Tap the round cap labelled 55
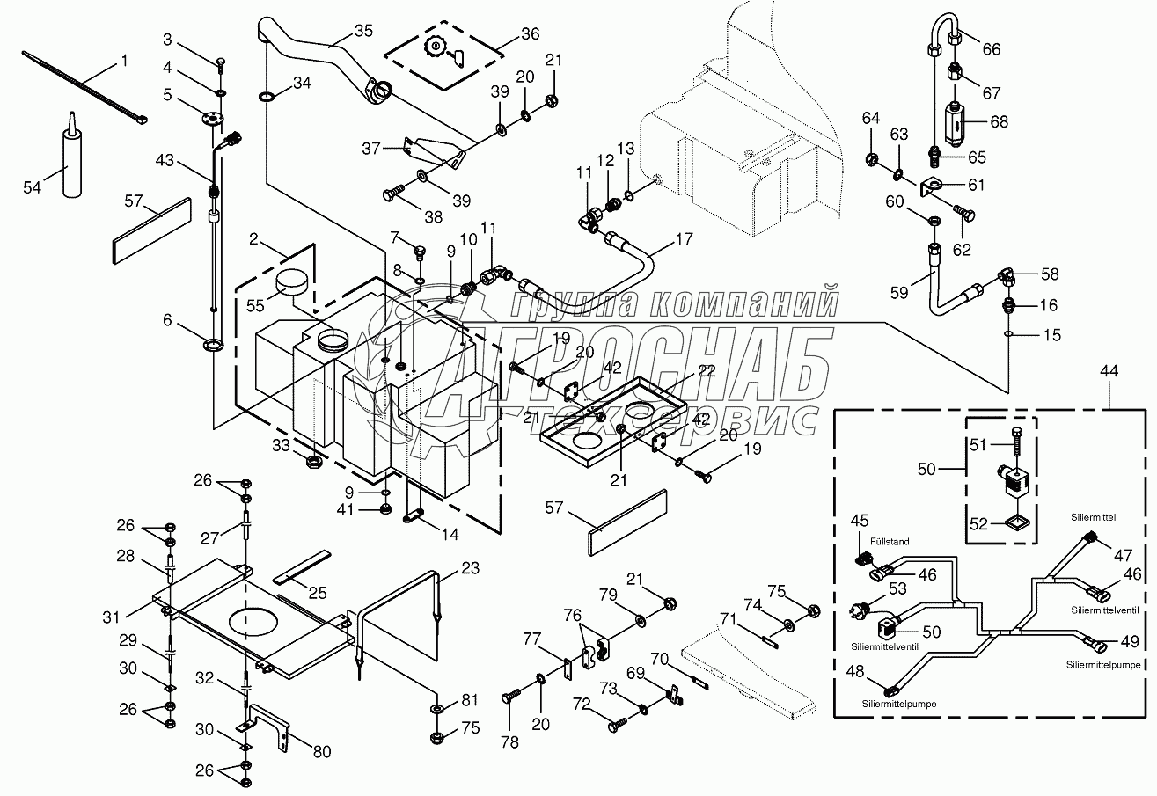pyautogui.click(x=290, y=284)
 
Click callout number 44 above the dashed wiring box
pyautogui.click(x=1109, y=372)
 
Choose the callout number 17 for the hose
pyautogui.click(x=683, y=237)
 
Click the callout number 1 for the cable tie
pyautogui.click(x=123, y=61)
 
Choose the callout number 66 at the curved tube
pyautogui.click(x=991, y=50)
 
